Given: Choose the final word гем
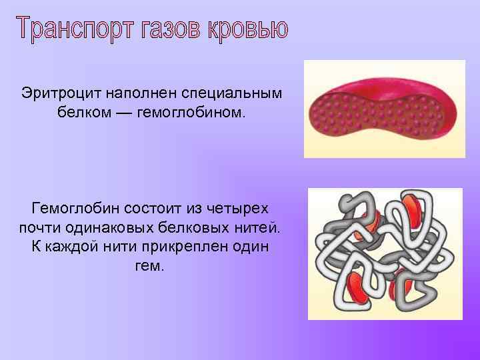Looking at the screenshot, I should (x=151, y=266).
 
